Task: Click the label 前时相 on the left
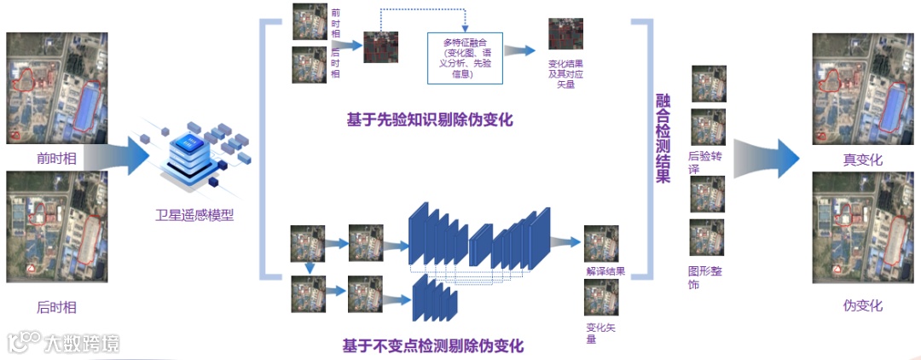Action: click(55, 158)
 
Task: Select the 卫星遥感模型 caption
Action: click(194, 215)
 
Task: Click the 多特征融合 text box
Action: click(465, 58)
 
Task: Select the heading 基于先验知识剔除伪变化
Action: click(429, 119)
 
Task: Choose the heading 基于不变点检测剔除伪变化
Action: click(432, 345)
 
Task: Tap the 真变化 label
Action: click(862, 160)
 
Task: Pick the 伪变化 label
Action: click(862, 305)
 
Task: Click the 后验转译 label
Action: click(705, 162)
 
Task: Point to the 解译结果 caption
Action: click(605, 271)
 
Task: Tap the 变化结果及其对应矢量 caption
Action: click(566, 74)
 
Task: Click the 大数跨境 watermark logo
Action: click(64, 342)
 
